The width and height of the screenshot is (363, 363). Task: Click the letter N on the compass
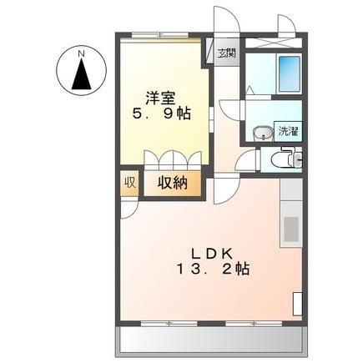point(81,53)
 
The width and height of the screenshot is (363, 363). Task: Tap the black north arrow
point(82,74)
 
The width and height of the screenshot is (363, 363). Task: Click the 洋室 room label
point(160,98)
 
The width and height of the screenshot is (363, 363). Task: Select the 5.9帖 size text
point(161,113)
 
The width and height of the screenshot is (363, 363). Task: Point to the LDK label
point(211,254)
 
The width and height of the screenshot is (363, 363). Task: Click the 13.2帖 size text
point(213,269)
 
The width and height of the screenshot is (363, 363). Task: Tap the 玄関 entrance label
point(226,53)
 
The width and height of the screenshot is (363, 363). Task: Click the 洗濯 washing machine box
point(288,132)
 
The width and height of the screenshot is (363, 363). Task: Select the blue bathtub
point(290,74)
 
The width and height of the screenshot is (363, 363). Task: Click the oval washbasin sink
point(263,133)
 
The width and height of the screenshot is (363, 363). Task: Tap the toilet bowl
point(281,160)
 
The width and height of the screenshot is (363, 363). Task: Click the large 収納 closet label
point(173,183)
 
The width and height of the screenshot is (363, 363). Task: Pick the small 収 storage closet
point(129,184)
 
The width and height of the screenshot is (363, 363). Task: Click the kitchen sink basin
point(290,229)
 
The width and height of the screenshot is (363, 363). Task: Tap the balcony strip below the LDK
point(212,341)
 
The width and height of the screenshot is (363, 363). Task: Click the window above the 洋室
point(160,35)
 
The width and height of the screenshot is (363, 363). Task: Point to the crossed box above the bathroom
point(274,43)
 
